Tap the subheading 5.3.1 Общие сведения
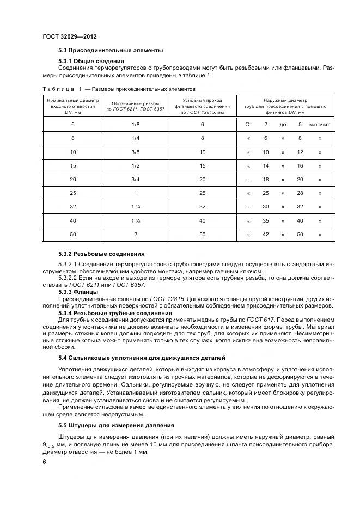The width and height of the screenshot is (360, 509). tap(91, 60)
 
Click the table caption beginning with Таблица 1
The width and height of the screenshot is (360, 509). tap(119, 89)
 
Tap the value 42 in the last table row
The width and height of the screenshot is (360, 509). tap(266, 234)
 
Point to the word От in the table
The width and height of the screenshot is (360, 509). tap(249, 125)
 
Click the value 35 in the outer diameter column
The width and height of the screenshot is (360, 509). tap(266, 220)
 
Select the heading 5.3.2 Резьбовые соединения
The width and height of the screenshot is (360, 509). tap(101, 254)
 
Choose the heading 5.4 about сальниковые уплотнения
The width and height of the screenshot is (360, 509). tap(141, 358)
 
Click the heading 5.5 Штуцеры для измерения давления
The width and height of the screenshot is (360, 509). tap(116, 425)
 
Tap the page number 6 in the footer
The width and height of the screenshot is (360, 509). tap(45, 462)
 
